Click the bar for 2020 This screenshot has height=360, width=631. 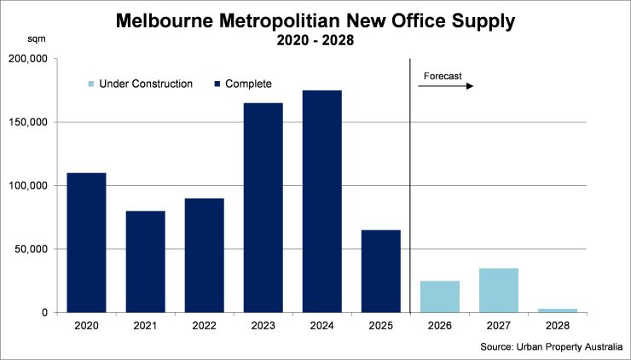click(x=86, y=242)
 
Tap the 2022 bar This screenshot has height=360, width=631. click(x=204, y=255)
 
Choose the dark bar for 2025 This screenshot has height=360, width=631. click(x=380, y=270)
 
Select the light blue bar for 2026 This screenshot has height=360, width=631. click(x=440, y=296)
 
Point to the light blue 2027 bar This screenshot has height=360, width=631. click(x=499, y=290)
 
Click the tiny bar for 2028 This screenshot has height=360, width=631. click(x=558, y=311)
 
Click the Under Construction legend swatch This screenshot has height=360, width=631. click(x=91, y=84)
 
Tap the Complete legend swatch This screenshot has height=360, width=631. click(x=217, y=84)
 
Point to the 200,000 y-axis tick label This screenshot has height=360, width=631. click(x=29, y=59)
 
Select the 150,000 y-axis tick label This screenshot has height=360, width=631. click(x=29, y=122)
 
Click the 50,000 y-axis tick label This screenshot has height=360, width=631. click(x=32, y=249)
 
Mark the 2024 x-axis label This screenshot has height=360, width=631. click(x=321, y=325)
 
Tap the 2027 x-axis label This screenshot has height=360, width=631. click(x=499, y=325)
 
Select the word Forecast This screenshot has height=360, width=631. click(x=442, y=76)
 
